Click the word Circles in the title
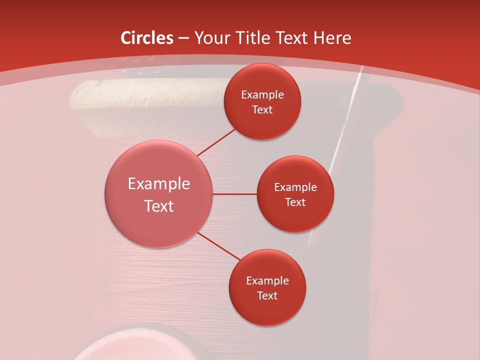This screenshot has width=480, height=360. (x=147, y=38)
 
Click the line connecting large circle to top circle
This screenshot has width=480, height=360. (x=216, y=142)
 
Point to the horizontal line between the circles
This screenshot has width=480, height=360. (x=234, y=194)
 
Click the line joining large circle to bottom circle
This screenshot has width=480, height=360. (x=218, y=246)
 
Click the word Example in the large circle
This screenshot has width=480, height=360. (x=158, y=184)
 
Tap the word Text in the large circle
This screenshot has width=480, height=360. (x=158, y=206)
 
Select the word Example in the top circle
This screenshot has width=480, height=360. (x=262, y=95)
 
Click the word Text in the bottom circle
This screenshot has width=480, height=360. (x=267, y=295)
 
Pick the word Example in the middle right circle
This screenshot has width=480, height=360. (x=295, y=187)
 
